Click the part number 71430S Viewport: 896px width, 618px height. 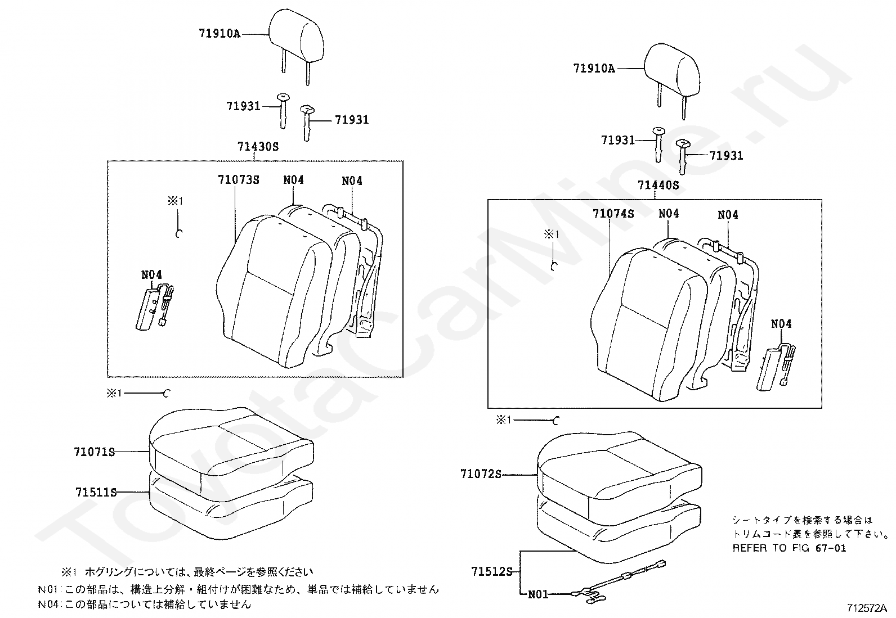pos(258,147)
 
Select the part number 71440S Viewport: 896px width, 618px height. pos(658,185)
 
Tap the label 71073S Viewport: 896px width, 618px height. pos(238,180)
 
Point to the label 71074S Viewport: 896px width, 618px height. pos(613,214)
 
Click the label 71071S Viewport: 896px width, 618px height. pos(94,452)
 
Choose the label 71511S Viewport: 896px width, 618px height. pos(96,493)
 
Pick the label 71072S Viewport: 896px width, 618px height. pos(480,474)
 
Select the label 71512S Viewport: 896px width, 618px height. pos(491,572)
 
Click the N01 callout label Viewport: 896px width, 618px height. pos(537,594)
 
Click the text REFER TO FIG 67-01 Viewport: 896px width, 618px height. pos(789,548)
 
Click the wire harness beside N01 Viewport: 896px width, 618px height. pos(619,582)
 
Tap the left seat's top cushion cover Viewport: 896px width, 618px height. pos(231,444)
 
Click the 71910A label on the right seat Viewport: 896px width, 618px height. pos(594,69)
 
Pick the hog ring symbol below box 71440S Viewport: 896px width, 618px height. pos(556,420)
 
